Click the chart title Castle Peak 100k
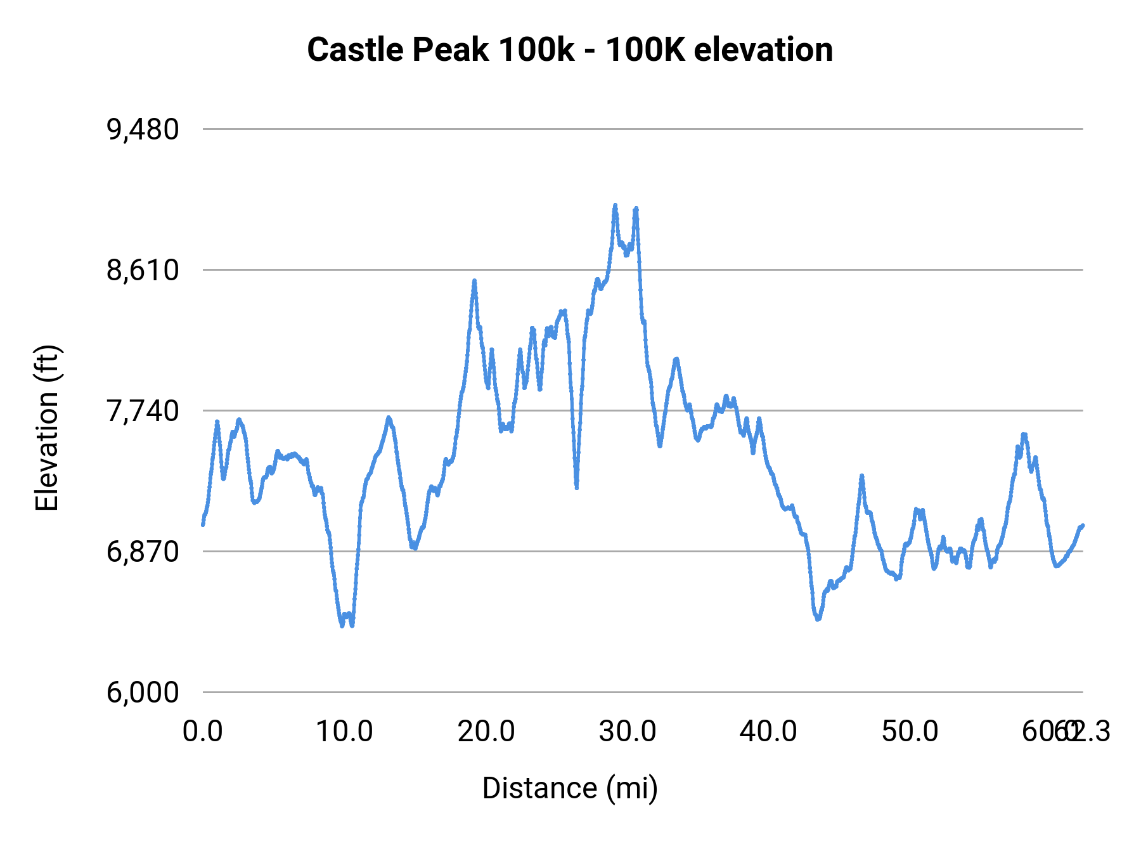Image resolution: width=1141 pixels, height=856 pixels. tap(570, 49)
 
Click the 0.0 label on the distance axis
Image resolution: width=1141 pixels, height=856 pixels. tap(203, 732)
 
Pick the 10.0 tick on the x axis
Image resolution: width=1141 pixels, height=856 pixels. tap(344, 732)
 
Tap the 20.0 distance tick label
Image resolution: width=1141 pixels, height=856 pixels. tap(486, 732)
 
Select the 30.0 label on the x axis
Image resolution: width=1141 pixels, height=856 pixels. tap(628, 732)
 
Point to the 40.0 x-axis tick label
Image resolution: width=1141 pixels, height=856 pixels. tap(769, 732)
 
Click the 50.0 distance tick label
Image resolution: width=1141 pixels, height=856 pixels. tap(910, 732)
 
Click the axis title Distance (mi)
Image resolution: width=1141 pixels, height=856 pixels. tap(570, 788)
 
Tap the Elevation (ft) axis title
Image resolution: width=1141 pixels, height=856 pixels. tap(47, 428)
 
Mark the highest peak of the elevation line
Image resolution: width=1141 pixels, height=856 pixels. tap(615, 205)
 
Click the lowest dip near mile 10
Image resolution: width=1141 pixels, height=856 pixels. tap(342, 625)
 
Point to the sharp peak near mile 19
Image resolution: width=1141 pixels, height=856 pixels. tap(474, 281)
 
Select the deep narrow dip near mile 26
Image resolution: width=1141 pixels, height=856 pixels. tap(576, 487)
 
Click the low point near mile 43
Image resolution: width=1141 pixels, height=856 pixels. tap(818, 619)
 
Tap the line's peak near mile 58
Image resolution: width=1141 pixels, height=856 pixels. tap(1023, 434)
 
